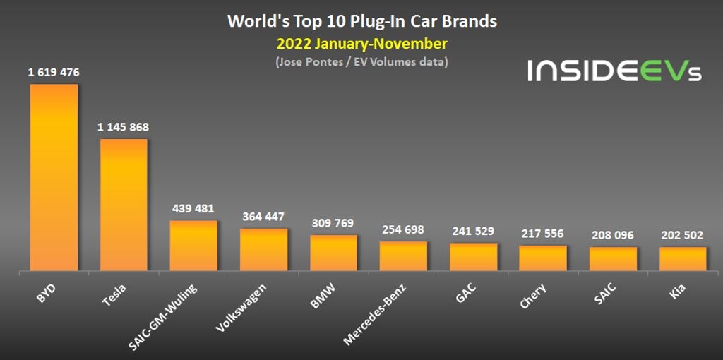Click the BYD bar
point(54,176)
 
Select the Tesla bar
point(124,205)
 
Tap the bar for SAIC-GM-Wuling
point(193,246)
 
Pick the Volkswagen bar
point(263,250)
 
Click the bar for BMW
point(333,253)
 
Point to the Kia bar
point(683,259)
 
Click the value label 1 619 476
point(54,72)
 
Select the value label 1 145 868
point(124,127)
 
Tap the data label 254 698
point(403,229)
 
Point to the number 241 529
point(473,231)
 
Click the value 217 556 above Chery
point(543,234)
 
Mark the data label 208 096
point(613,235)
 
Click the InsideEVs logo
point(614,71)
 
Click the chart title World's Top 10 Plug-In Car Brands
point(361,21)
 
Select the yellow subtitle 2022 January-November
point(361,44)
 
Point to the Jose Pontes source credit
point(361,62)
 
